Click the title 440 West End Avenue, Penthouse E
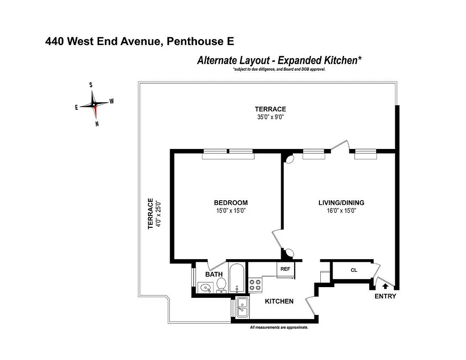140,42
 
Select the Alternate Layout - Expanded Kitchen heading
279,60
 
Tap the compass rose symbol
94,104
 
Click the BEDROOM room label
230,203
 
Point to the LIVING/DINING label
341,203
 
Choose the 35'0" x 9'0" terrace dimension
270,117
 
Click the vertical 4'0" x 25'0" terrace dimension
158,214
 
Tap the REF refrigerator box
285,269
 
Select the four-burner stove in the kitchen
255,285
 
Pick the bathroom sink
206,287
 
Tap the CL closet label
354,270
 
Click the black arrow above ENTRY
385,285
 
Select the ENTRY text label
385,296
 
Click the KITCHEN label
279,301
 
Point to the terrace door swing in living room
340,147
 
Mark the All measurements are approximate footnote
278,328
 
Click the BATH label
214,274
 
